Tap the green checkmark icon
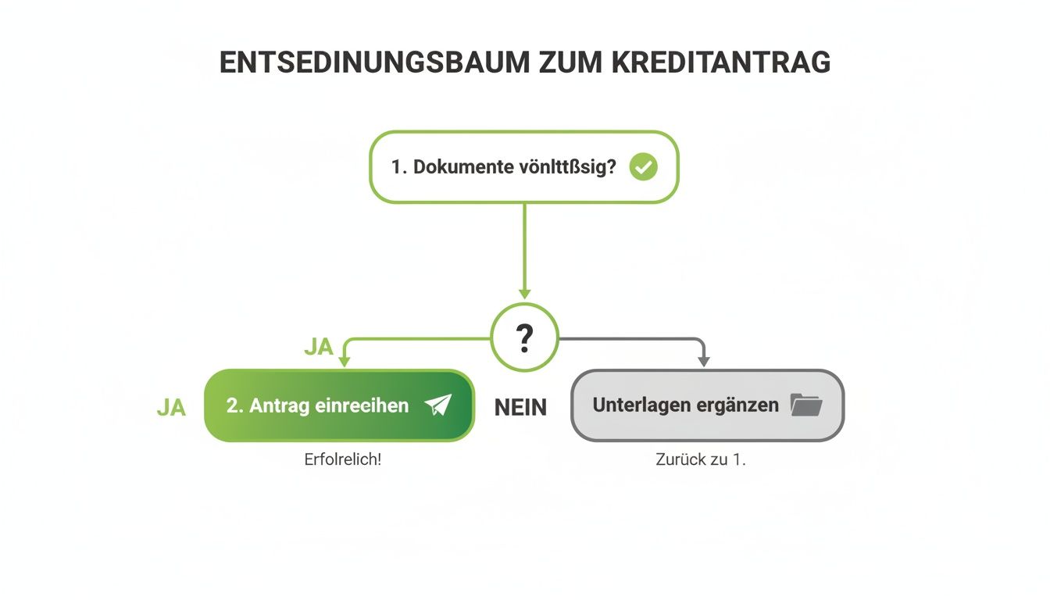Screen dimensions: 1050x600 click(643, 166)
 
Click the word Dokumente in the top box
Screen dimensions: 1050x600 click(462, 167)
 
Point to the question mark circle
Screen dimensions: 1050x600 click(524, 337)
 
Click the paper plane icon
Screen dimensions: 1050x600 click(438, 405)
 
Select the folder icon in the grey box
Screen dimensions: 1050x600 click(806, 405)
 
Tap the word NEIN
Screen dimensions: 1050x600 click(520, 407)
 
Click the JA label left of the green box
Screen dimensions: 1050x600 click(171, 407)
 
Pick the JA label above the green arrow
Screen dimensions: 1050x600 click(319, 347)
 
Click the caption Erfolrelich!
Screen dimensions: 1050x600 click(342, 459)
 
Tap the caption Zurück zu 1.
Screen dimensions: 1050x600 click(701, 459)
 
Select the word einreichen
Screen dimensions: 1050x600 click(362, 405)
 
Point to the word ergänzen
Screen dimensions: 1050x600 click(737, 405)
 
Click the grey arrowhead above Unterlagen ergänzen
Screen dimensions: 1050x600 click(703, 361)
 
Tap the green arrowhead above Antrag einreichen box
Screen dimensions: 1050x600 click(344, 361)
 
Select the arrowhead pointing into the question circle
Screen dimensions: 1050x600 click(524, 294)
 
